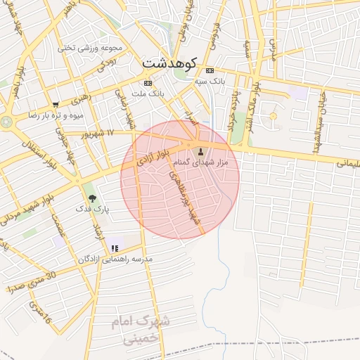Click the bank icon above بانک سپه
tap(210, 71)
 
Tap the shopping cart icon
tap(56, 105)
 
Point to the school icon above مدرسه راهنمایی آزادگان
tap(115, 247)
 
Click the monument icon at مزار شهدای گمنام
tap(201, 152)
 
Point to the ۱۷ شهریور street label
tap(97, 132)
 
